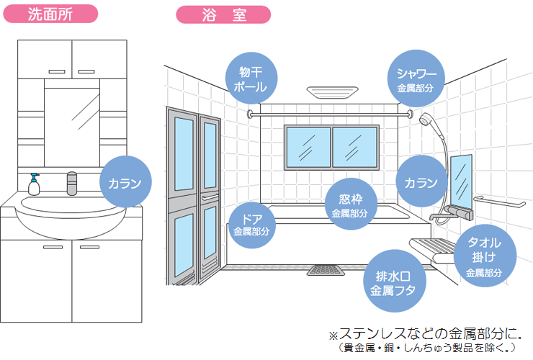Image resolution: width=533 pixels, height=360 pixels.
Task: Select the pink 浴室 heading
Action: click(x=223, y=14)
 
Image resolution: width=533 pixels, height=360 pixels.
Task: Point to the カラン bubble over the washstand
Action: click(x=125, y=184)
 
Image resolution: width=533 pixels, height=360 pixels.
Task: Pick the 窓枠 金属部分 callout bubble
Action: click(x=349, y=202)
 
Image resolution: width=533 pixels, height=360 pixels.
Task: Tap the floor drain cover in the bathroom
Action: click(x=321, y=271)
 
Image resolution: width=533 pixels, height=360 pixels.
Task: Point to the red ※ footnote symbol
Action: click(x=333, y=336)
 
